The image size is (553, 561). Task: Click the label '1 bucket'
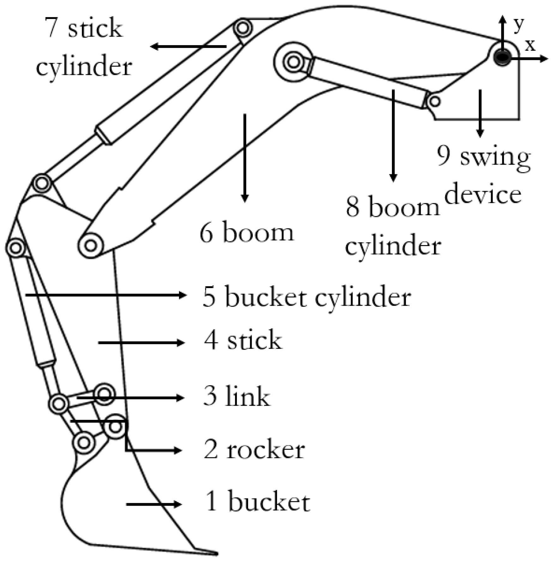[x=257, y=502]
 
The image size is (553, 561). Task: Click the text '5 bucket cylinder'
[x=306, y=297]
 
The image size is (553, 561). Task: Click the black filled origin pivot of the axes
[x=502, y=57]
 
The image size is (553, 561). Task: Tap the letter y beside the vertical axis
[x=518, y=24]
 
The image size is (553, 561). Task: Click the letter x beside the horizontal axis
[x=530, y=45]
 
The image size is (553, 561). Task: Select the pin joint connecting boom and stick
[x=91, y=245]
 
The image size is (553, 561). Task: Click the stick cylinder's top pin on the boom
[x=243, y=28]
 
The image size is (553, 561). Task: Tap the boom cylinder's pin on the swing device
[x=435, y=101]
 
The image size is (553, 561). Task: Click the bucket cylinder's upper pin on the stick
[x=15, y=247]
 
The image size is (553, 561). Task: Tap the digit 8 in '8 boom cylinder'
[x=352, y=207]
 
